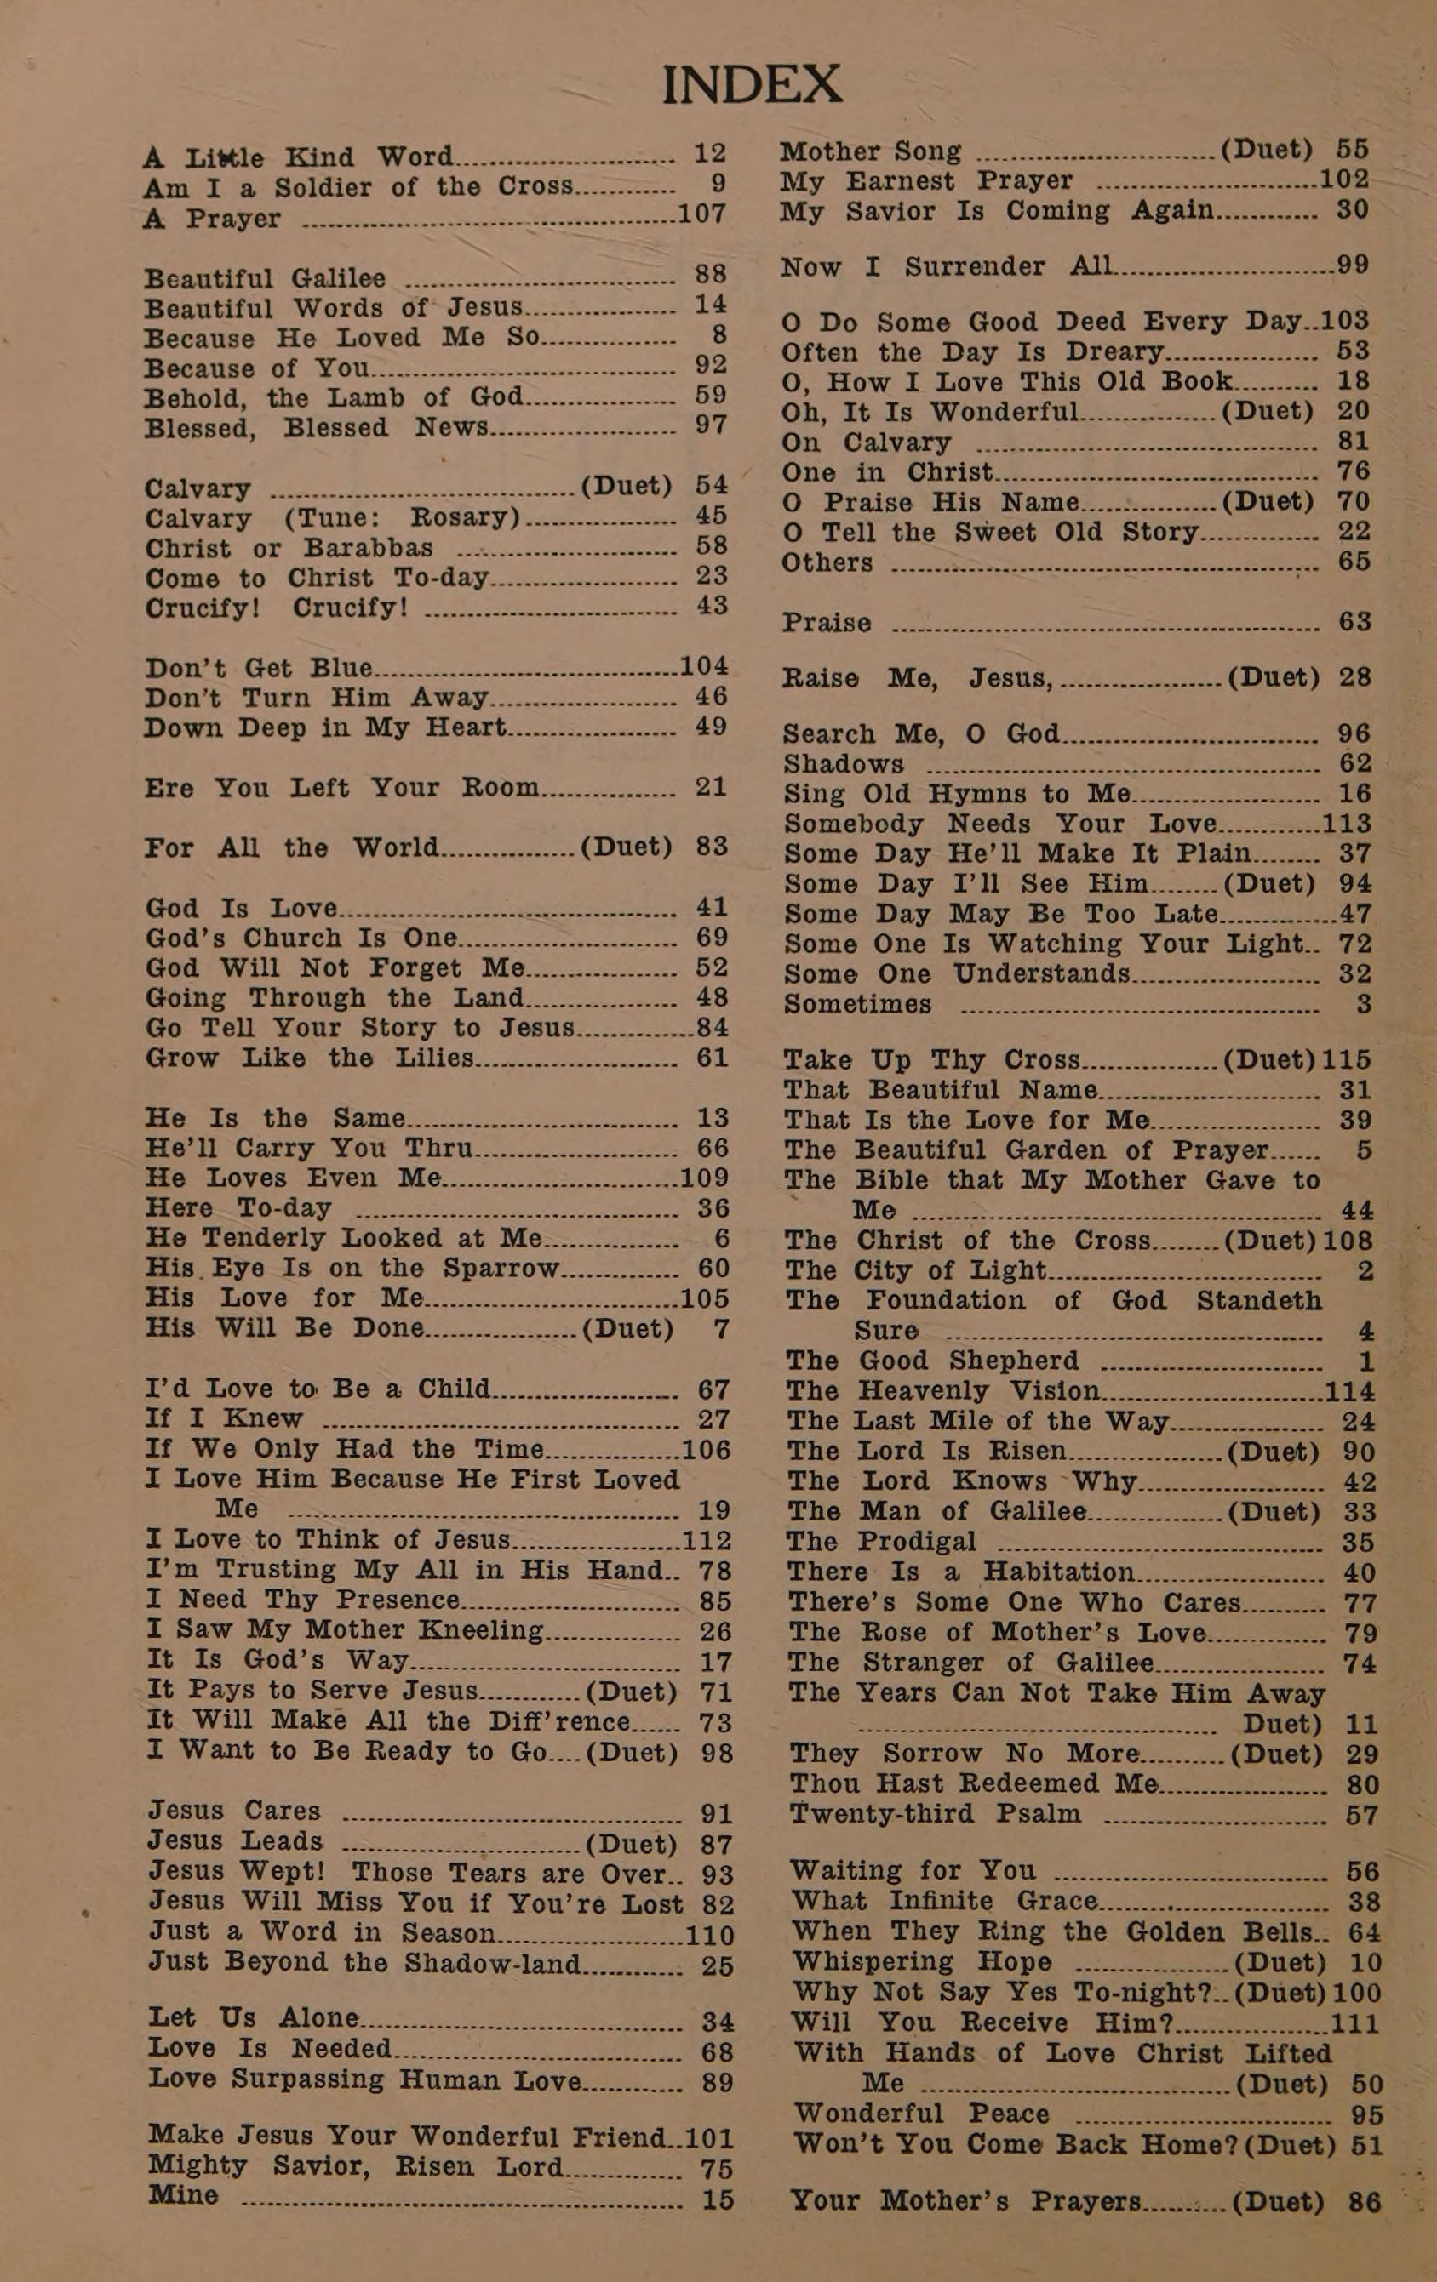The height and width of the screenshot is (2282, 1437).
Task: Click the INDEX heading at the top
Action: point(751,85)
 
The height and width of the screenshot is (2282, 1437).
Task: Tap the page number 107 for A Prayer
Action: point(702,214)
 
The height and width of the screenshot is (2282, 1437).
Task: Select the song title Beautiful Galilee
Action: point(266,278)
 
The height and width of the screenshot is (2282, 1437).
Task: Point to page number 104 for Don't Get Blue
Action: point(703,665)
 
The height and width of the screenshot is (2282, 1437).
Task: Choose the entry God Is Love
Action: point(241,908)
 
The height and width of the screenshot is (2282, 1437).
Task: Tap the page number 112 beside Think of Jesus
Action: point(707,1540)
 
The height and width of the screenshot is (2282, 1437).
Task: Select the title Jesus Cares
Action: point(234,1810)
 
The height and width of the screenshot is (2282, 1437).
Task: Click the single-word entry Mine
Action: point(183,2196)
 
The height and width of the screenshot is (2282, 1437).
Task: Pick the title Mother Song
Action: point(870,151)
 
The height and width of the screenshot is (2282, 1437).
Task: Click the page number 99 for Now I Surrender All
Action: point(1352,265)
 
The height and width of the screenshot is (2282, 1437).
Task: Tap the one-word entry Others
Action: point(827,563)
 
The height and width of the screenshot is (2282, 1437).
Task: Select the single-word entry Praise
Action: point(827,623)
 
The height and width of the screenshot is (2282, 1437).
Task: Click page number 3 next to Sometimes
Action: point(1363,1004)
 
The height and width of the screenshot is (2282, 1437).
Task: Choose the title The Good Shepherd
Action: point(933,1361)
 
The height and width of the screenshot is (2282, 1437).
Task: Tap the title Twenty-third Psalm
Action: point(935,1814)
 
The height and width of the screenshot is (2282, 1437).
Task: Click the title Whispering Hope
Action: point(921,1962)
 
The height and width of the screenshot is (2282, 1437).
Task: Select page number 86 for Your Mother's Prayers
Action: point(1364,2202)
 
